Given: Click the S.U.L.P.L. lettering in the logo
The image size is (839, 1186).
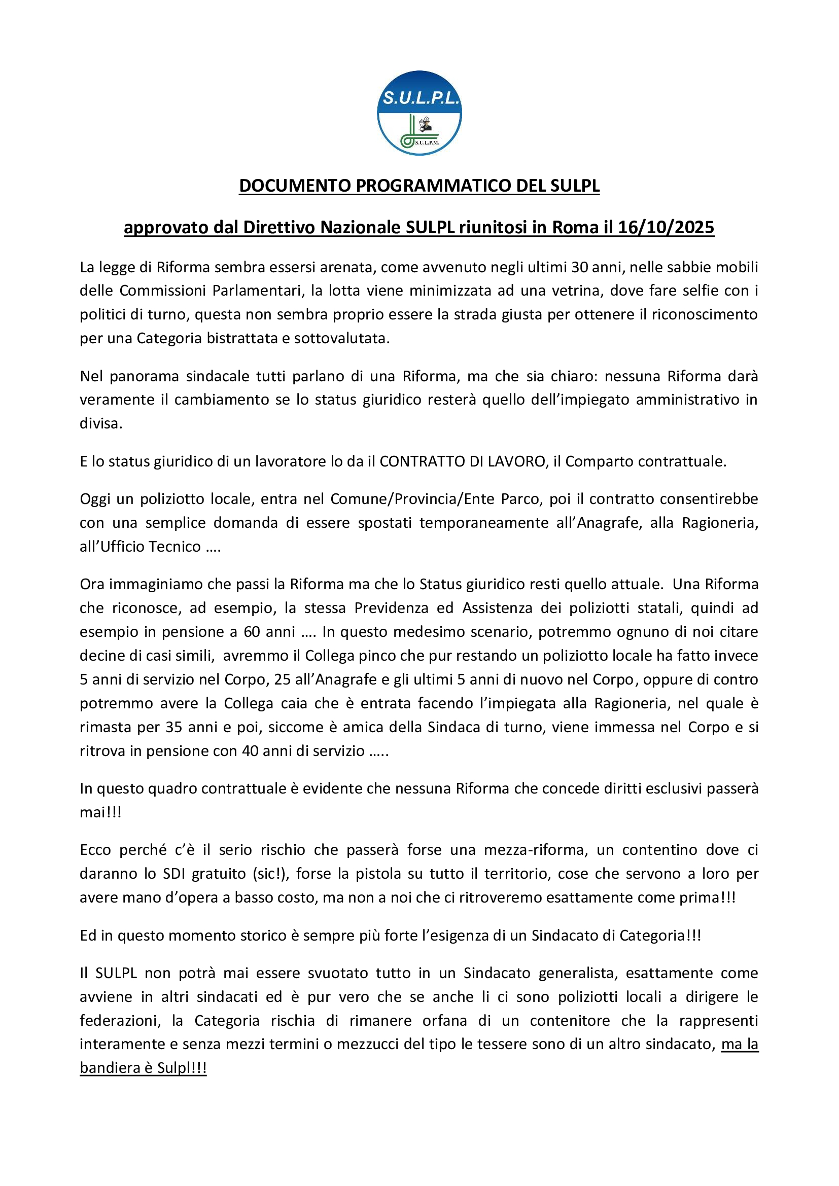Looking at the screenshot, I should coord(419,97).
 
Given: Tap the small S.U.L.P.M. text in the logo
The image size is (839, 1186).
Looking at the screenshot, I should coord(427,142).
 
